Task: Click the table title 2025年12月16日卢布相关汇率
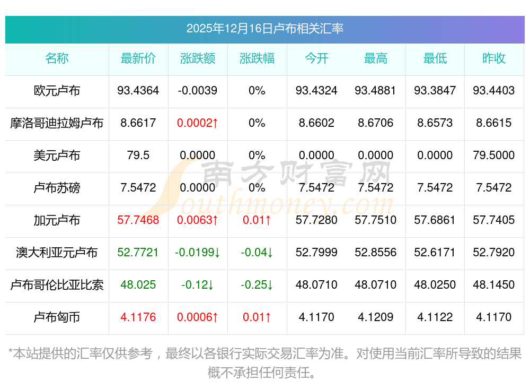pyautogui.click(x=264, y=28)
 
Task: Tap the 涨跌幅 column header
pyautogui.click(x=257, y=58)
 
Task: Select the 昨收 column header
pyautogui.click(x=494, y=58)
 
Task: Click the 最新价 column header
pyautogui.click(x=138, y=58)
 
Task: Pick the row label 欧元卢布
pyautogui.click(x=57, y=91)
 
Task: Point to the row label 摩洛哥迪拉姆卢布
pyautogui.click(x=57, y=123)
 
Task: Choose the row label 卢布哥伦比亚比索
pyautogui.click(x=57, y=285)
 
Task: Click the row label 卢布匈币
pyautogui.click(x=57, y=317)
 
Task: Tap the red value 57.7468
pyautogui.click(x=138, y=220)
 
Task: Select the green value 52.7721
pyautogui.click(x=138, y=253)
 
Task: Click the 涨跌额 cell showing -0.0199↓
pyautogui.click(x=198, y=253)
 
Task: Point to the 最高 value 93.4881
pyautogui.click(x=375, y=91)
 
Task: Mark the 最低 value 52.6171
pyautogui.click(x=435, y=253)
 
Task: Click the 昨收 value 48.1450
pyautogui.click(x=494, y=285)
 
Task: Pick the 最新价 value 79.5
pyautogui.click(x=138, y=155)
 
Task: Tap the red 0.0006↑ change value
pyautogui.click(x=198, y=317)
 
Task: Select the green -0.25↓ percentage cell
pyautogui.click(x=257, y=285)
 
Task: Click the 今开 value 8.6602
pyautogui.click(x=316, y=123)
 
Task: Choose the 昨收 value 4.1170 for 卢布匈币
pyautogui.click(x=494, y=317)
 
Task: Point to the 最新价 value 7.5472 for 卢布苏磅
pyautogui.click(x=138, y=188)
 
